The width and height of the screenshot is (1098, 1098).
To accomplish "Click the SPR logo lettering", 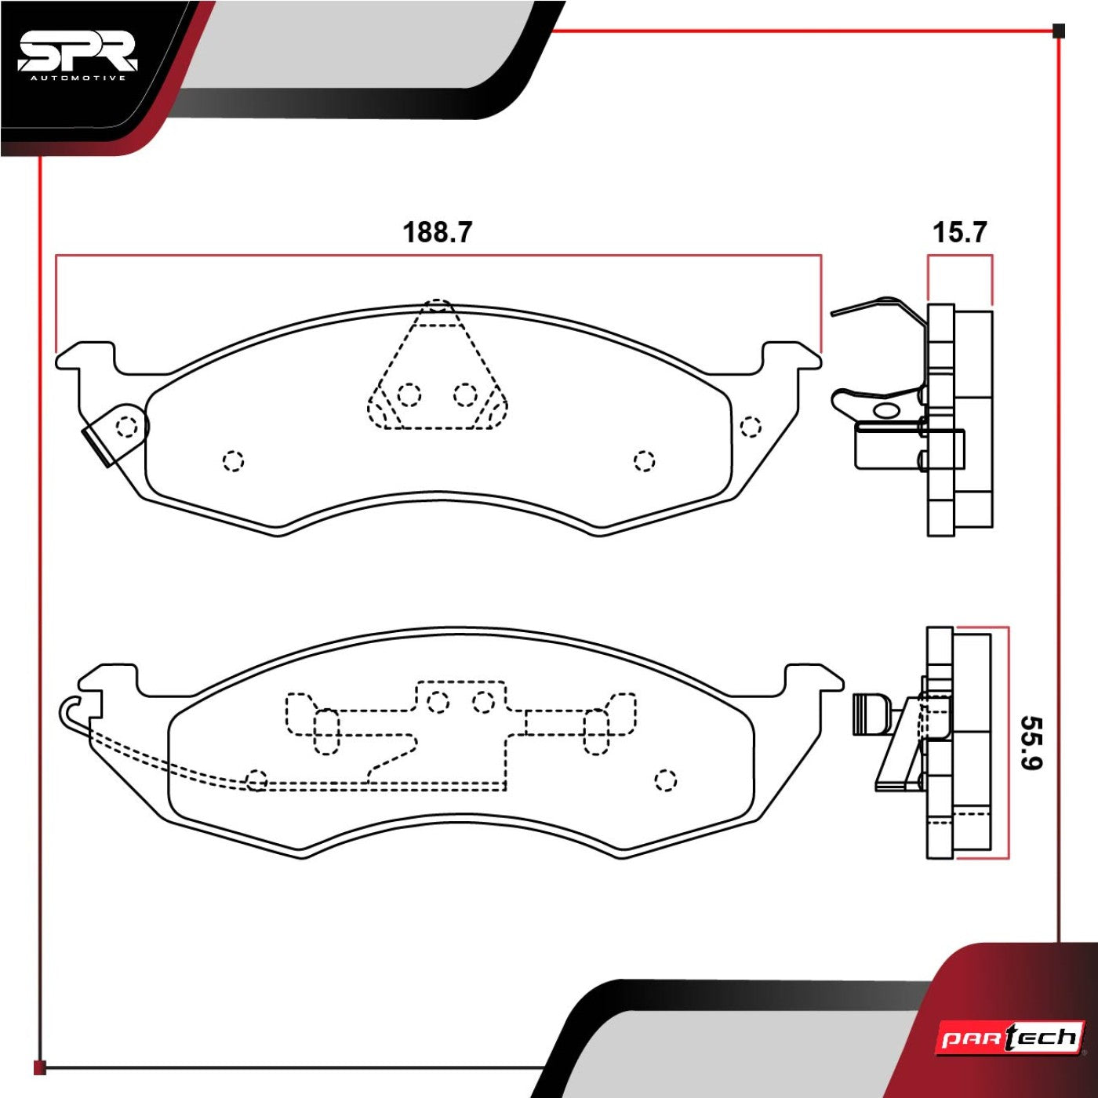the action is coord(77,54).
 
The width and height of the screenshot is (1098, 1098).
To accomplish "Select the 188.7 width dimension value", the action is coord(438,232).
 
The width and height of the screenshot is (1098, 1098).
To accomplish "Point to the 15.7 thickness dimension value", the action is coord(959,232).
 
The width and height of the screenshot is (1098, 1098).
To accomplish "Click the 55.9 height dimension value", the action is coord(1031,743).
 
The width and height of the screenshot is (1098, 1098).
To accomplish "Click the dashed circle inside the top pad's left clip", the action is coord(127,426).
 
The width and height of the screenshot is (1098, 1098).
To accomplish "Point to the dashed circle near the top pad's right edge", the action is coord(751,427).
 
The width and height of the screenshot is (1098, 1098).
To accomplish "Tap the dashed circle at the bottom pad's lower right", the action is coord(666,780).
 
